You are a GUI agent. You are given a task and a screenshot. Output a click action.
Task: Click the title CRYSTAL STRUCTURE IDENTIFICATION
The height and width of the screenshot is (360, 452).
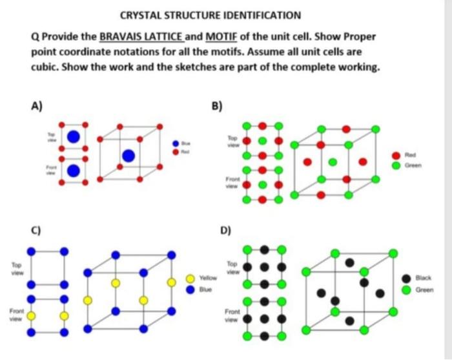211,15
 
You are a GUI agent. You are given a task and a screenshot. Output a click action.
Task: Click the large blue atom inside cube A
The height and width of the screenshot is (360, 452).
129,156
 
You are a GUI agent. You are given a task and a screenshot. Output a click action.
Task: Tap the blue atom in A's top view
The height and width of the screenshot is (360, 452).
74,136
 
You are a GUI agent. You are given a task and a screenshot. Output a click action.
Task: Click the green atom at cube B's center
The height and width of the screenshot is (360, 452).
332,162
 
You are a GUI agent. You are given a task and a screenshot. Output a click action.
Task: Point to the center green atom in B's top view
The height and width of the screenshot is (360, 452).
262,141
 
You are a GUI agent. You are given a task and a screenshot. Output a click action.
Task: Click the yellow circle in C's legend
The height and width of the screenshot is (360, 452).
190,279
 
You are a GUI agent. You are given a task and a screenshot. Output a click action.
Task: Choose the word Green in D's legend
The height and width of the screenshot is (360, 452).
424,290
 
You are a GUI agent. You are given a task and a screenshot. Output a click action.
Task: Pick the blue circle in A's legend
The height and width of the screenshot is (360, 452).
174,143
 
